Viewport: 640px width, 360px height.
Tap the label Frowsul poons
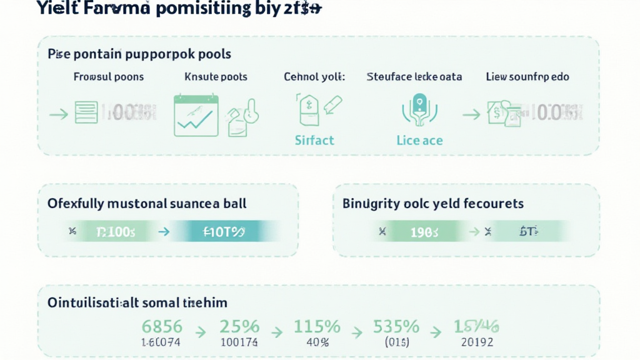click(x=108, y=77)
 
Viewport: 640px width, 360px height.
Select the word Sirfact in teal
click(x=314, y=140)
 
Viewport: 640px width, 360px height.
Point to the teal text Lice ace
click(x=419, y=140)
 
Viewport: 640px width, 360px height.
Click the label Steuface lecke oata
click(x=414, y=77)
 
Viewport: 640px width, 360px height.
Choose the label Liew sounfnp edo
click(x=527, y=77)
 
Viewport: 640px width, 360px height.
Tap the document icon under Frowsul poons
click(x=86, y=112)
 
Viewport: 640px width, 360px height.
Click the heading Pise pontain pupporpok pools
click(x=139, y=54)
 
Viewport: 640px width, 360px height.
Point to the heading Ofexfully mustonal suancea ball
click(x=147, y=204)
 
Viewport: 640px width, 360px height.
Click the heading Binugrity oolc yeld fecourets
click(x=433, y=204)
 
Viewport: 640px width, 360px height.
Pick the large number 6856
click(x=162, y=326)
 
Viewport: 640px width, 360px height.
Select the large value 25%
click(x=239, y=326)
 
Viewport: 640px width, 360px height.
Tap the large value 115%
click(x=317, y=326)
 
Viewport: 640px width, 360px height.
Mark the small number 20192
click(x=477, y=342)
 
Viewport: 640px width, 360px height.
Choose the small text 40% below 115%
click(x=317, y=342)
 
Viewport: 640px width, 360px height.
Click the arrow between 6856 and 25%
click(x=200, y=331)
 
